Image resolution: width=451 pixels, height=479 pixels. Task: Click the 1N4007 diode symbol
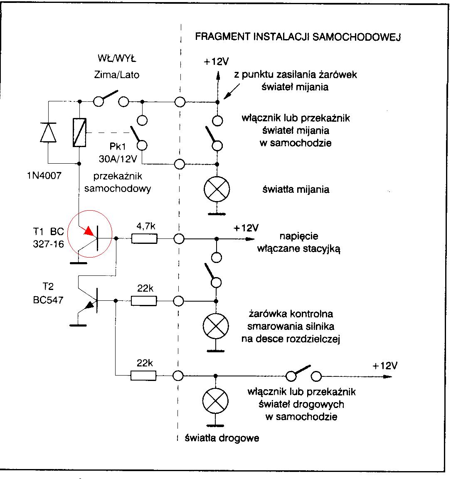point(48,132)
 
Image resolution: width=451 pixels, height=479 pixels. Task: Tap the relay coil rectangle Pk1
point(79,133)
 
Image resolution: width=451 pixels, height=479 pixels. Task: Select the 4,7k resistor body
point(144,238)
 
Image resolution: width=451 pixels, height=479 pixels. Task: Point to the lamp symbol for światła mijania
point(217,189)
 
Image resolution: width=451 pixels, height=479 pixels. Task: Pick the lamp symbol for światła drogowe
point(215,401)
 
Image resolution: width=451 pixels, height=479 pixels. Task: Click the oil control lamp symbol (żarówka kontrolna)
point(216,326)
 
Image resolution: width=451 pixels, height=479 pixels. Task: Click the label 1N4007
point(44,176)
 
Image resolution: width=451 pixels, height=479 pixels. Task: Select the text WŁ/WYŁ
point(117,58)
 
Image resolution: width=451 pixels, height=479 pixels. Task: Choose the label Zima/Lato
point(117,75)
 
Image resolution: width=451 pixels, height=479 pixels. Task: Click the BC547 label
point(48,300)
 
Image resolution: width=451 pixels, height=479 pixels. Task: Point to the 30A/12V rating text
point(118,159)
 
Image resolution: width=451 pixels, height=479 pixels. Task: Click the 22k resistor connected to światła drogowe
point(143,376)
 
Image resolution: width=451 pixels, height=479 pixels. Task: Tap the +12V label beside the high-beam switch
point(384,366)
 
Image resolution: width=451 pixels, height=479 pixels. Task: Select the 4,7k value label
point(146,226)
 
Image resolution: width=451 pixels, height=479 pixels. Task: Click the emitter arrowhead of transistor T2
point(89,305)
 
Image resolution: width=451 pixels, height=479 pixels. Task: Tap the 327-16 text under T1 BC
point(49,244)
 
